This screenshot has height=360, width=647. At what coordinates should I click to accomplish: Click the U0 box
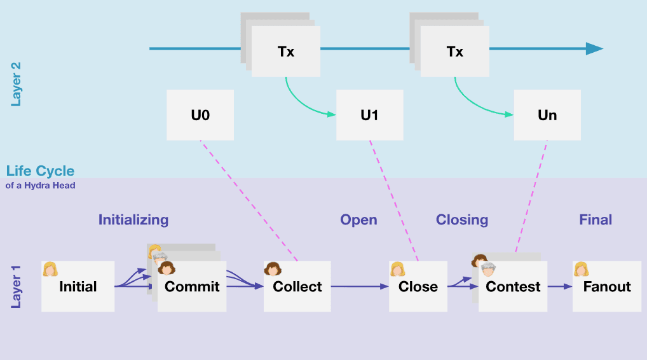200,115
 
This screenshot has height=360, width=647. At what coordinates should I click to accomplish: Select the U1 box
369,115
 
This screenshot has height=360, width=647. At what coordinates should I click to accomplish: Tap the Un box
547,115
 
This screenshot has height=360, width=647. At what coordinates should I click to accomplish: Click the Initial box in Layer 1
78,286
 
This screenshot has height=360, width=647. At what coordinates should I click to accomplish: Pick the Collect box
297,286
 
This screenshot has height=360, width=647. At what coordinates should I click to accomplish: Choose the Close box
418,286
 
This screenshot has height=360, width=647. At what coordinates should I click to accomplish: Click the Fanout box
606,286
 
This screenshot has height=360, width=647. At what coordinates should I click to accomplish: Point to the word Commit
192,287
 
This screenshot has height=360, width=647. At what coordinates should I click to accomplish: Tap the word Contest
513,287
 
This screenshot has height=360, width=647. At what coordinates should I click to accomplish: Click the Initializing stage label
133,220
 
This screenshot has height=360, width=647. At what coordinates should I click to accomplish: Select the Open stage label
358,220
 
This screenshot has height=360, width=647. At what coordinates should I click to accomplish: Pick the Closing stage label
462,220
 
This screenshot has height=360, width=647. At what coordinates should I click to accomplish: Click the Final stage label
596,220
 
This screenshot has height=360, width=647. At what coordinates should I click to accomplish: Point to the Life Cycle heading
40,171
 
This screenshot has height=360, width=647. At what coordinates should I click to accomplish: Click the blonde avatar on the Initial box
50,269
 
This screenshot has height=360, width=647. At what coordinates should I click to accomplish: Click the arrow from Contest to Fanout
559,286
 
